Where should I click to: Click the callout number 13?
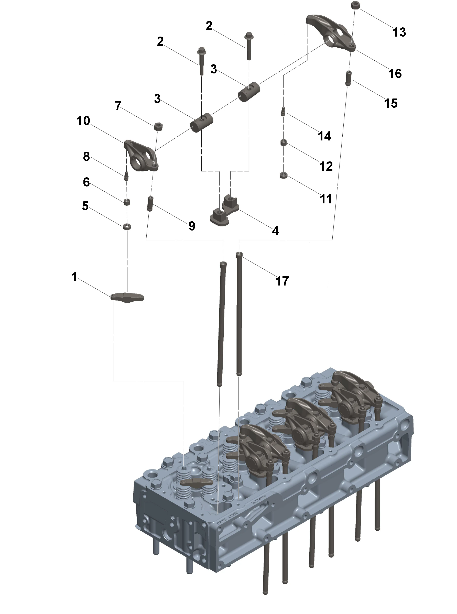point(399,32)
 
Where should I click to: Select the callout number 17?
point(282,281)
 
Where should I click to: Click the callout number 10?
point(83,121)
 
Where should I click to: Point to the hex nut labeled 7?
point(158,127)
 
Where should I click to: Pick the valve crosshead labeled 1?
point(127,297)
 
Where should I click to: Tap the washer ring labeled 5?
point(127,227)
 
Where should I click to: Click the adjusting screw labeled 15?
point(349,78)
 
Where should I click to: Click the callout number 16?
point(395,74)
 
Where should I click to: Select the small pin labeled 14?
point(283,112)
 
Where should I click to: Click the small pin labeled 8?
point(126,176)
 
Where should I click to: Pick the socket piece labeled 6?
point(127,202)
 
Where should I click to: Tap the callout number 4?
point(275,231)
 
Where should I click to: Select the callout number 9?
point(192,226)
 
